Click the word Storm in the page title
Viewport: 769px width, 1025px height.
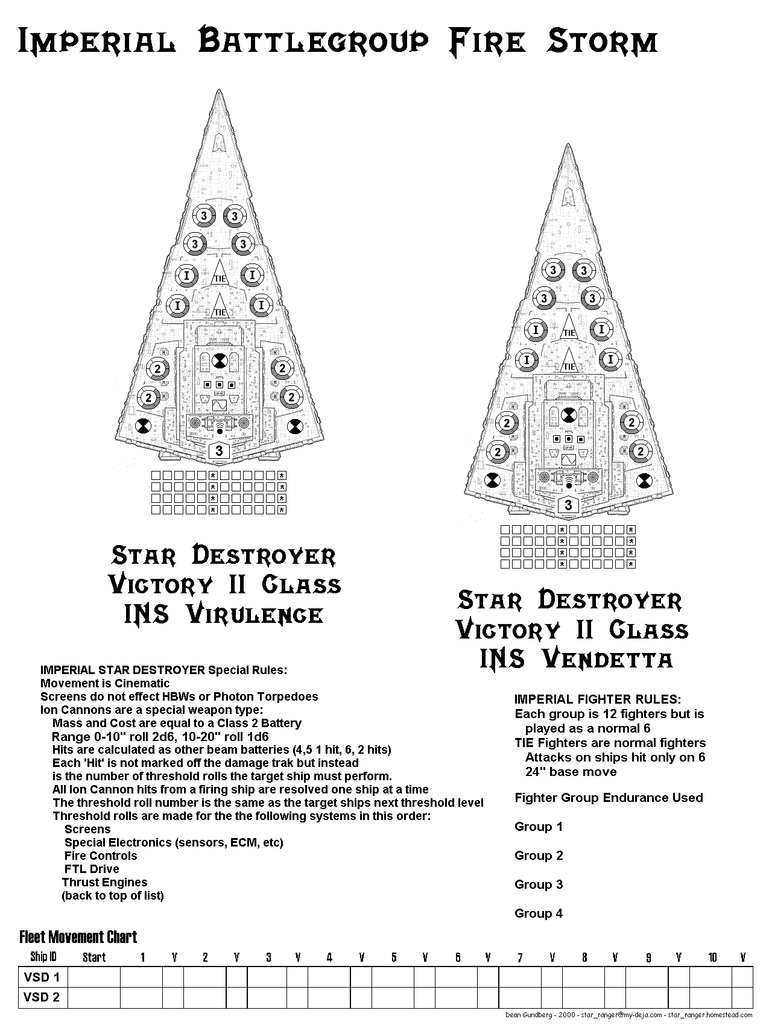point(601,42)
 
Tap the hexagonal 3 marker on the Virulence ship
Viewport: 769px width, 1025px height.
point(219,450)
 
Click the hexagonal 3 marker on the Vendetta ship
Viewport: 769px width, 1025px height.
point(568,504)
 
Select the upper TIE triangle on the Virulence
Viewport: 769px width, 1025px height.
point(220,273)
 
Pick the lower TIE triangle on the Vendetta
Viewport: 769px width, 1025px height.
point(569,360)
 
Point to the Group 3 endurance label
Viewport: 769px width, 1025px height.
point(539,885)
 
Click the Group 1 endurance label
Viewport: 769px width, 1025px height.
point(539,827)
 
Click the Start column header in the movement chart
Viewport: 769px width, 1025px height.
point(94,957)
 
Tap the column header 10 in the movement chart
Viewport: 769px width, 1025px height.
point(712,957)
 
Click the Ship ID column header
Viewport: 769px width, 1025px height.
point(43,957)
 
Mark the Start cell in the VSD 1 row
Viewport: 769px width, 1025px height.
point(94,977)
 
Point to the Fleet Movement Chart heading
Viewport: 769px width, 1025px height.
point(78,937)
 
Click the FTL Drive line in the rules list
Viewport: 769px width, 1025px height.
point(92,869)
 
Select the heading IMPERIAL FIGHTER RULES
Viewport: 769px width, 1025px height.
point(598,699)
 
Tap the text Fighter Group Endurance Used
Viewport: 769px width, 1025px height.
point(609,798)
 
